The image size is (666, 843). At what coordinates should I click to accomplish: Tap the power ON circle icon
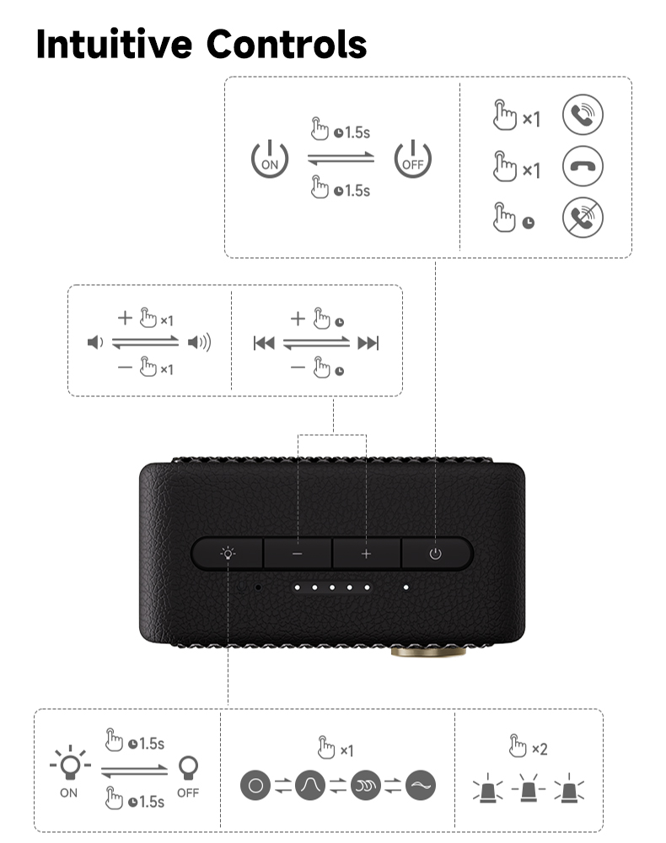270,159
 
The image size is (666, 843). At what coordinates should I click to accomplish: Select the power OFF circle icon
413,159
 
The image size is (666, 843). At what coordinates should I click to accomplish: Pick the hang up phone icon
583,167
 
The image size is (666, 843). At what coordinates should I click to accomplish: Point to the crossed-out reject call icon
583,217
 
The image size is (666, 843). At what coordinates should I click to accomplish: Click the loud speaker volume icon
199,342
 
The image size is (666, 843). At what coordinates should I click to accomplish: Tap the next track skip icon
368,343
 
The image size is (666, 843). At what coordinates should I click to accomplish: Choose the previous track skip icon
264,343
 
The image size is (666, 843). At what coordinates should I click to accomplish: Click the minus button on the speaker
297,554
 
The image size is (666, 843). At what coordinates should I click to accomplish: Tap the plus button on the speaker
366,554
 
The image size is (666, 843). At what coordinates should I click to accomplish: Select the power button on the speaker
435,554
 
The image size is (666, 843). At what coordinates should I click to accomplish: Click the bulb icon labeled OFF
188,767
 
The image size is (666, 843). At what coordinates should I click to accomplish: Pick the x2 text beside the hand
540,749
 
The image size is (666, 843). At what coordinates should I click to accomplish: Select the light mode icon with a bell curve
310,787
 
